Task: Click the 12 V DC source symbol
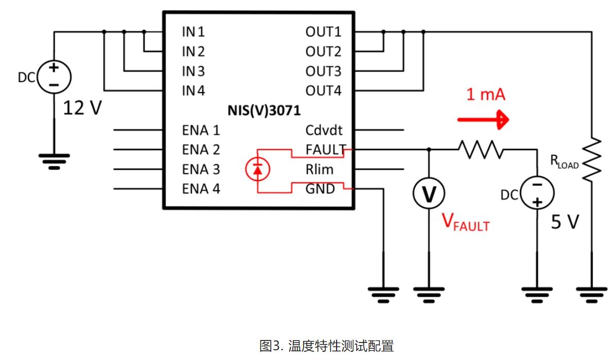(x=54, y=77)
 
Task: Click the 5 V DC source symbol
(x=537, y=192)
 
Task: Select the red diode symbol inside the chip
(x=258, y=169)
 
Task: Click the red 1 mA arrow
(x=483, y=120)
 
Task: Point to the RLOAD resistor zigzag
(x=593, y=159)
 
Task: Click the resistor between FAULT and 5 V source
(x=479, y=150)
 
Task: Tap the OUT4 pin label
(x=323, y=91)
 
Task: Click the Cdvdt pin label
(x=324, y=130)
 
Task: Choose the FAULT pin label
(x=325, y=150)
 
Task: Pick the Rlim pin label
(x=319, y=169)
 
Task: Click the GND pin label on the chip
(x=320, y=189)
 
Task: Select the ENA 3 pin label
(x=201, y=169)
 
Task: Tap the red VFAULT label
(x=466, y=223)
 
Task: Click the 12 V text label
(x=82, y=108)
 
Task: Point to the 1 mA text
(x=486, y=95)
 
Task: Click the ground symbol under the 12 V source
(x=54, y=159)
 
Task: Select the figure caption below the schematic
(x=327, y=345)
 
